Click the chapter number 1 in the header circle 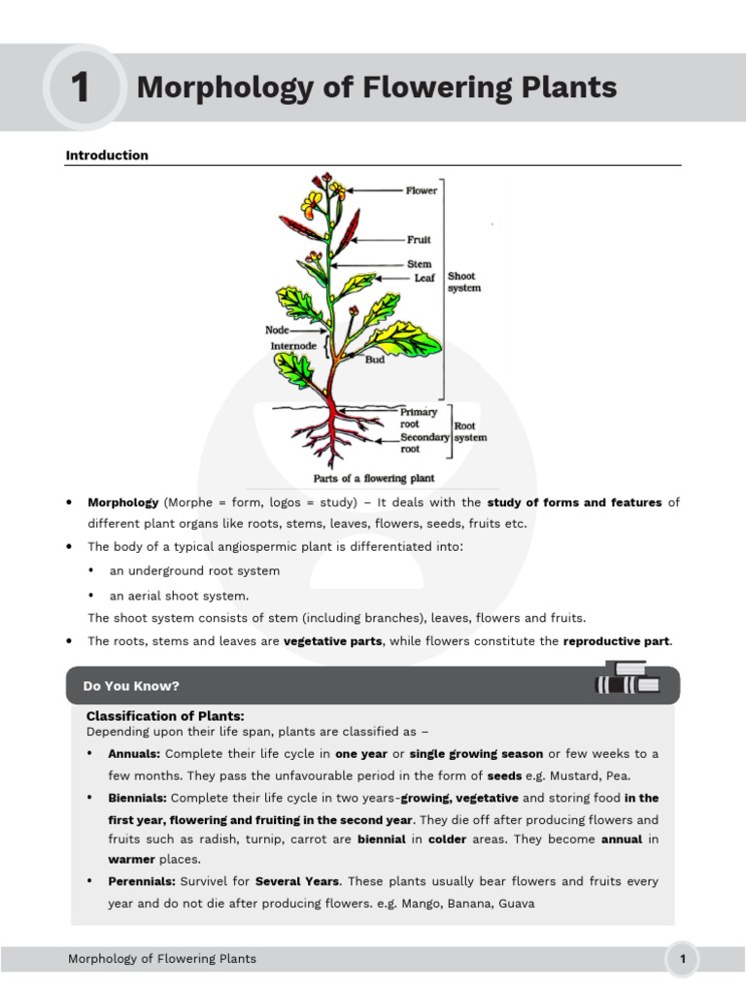coord(81,88)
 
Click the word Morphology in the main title coord(205,88)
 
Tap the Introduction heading coord(107,155)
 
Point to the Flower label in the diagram coord(422,190)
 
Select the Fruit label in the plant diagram coord(419,239)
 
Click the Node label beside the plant coord(277,329)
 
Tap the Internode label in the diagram coord(295,346)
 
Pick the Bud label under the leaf coord(374,360)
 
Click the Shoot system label coord(463,282)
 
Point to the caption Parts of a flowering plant coord(373,478)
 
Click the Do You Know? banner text coord(131,686)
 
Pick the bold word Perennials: coord(142,881)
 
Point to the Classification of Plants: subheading coord(165,716)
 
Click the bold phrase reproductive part coord(617,641)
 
